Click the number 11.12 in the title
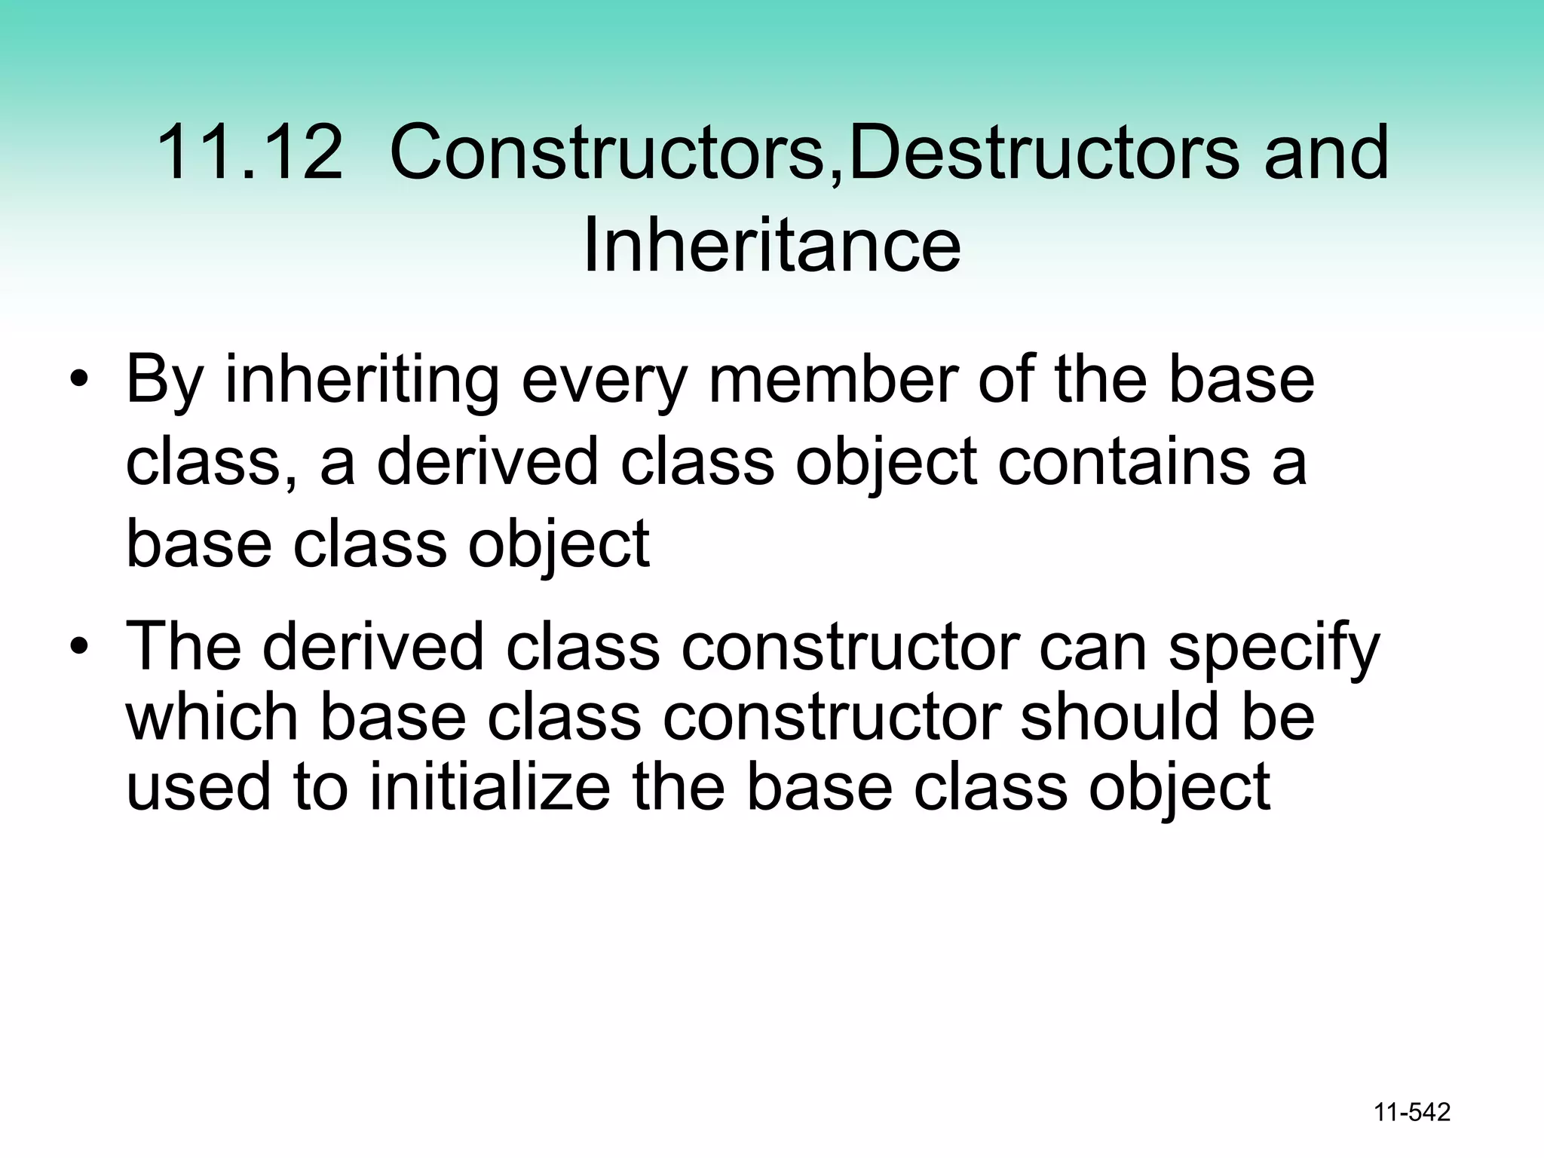[249, 153]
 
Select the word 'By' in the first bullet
[164, 381]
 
